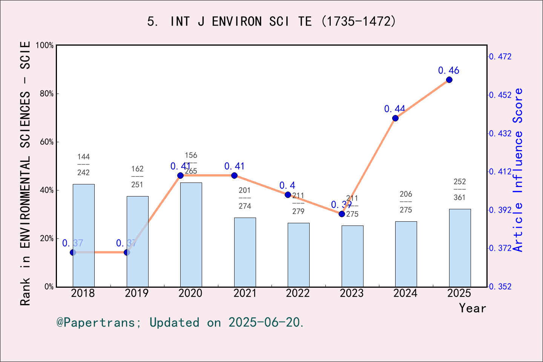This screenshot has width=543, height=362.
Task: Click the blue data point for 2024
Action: [x=395, y=118]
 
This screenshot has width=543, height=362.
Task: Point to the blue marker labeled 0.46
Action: [x=449, y=80]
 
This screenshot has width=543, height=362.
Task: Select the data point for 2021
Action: [x=234, y=175]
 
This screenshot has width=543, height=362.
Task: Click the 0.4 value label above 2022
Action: [x=287, y=186]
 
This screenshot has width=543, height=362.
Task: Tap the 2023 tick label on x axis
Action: [x=351, y=293]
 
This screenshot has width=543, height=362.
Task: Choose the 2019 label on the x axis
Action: [x=137, y=293]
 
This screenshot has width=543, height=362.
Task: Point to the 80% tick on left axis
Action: [x=47, y=94]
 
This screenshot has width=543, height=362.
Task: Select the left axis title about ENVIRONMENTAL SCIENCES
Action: [x=25, y=173]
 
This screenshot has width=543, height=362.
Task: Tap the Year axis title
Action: [x=472, y=308]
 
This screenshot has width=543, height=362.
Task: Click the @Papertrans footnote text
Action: [x=180, y=322]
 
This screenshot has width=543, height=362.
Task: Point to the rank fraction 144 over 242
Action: [x=83, y=165]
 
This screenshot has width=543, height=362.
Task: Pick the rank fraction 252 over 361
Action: [x=460, y=190]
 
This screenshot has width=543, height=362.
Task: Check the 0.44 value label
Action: [x=394, y=109]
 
